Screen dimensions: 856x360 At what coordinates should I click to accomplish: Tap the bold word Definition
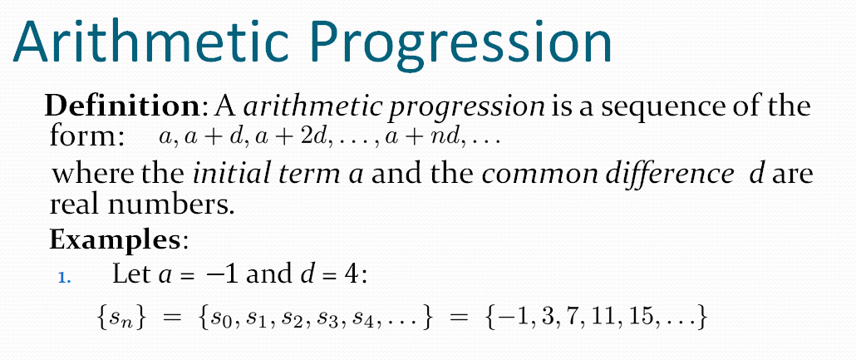[122, 106]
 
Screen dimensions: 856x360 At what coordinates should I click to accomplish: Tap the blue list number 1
[65, 278]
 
